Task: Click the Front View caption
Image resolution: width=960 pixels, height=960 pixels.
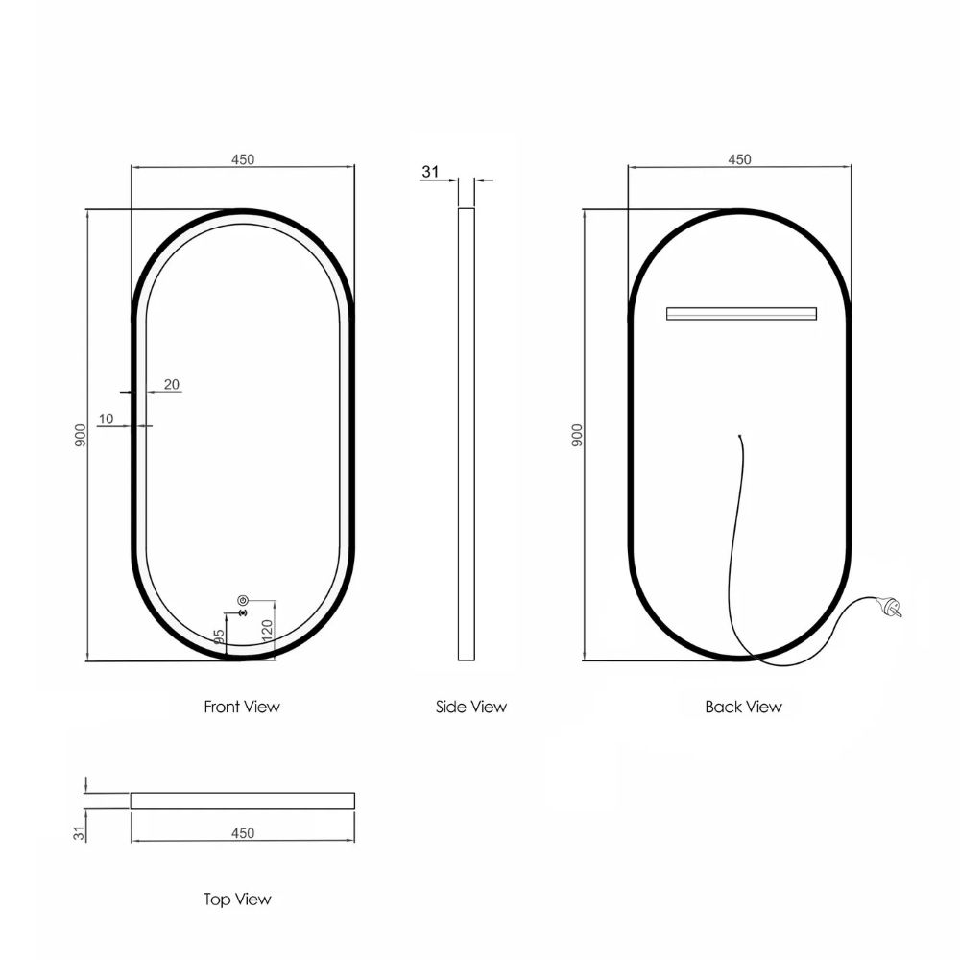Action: pos(242,707)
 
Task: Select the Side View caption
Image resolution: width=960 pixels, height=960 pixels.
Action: pos(471,707)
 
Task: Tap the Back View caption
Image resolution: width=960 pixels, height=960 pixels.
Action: pos(743,707)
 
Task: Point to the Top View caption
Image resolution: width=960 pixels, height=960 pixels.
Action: pos(237,900)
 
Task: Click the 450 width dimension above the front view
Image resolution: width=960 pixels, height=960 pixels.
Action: pos(243,159)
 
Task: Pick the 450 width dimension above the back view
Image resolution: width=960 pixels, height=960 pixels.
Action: pos(739,159)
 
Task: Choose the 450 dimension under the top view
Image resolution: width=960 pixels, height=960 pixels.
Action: pos(243,833)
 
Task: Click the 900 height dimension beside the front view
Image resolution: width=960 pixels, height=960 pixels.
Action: pos(81,435)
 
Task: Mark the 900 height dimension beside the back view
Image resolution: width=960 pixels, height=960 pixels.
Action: pos(577,435)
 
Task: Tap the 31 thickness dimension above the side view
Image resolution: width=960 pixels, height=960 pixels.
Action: pos(430,172)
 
